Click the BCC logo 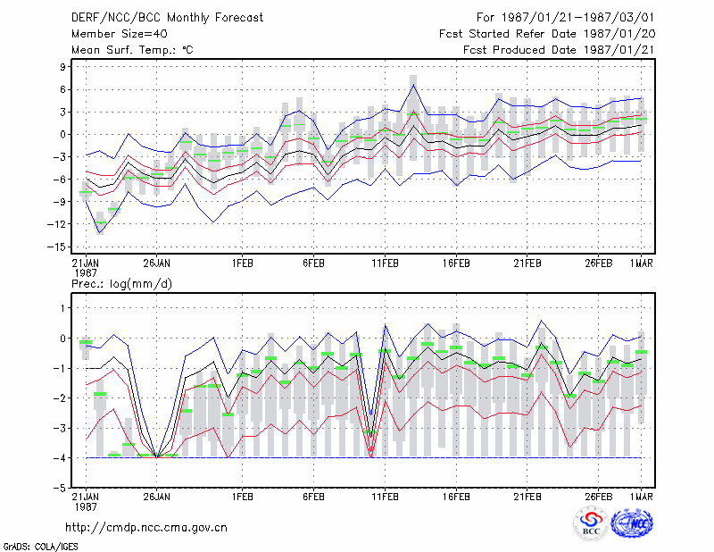point(591,523)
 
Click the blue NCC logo point(632,523)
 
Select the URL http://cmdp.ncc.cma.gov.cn point(146,527)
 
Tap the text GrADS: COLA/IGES point(40,547)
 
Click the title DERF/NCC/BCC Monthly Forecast point(167,18)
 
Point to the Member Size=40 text point(120,34)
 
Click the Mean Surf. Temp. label point(132,50)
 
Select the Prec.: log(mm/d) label point(121,284)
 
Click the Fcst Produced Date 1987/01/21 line point(559,50)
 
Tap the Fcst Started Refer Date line point(547,34)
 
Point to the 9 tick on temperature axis point(62,67)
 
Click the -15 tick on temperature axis point(57,247)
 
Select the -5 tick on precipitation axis point(60,488)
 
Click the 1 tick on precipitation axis point(63,308)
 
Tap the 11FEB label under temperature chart point(385,263)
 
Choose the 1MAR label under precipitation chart point(641,497)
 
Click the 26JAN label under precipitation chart point(157,497)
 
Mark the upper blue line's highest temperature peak point(413,84)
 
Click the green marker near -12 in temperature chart point(100,222)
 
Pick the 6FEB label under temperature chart point(313,263)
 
